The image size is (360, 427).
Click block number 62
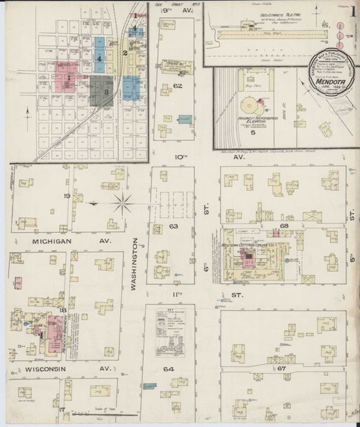[178, 86]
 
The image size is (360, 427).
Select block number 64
[169, 369]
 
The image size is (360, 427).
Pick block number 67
[281, 369]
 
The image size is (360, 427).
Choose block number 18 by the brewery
[63, 310]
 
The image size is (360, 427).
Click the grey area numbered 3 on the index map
[106, 92]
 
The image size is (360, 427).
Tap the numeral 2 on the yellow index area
[125, 53]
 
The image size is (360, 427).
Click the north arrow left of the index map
[26, 110]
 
